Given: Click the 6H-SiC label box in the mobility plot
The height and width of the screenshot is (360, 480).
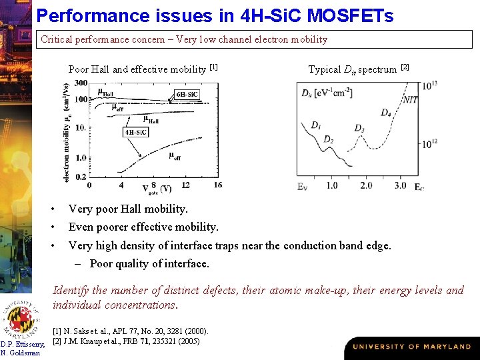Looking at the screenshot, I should point(187,94).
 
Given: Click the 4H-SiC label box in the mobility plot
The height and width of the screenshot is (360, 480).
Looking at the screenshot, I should point(136,132).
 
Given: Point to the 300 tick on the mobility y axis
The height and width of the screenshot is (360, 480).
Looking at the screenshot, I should point(81,83).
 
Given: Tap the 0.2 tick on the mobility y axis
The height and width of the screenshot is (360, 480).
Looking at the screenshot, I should point(81,177).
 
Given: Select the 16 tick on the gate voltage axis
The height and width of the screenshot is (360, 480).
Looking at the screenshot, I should point(217,185).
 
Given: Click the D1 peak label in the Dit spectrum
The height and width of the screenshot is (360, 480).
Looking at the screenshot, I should point(316,125).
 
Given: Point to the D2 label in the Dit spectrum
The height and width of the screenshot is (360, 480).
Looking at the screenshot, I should point(329,139).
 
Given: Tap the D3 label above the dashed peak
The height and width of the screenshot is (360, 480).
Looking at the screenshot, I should point(359,128).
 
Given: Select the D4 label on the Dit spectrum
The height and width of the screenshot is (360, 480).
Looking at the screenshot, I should point(386,113).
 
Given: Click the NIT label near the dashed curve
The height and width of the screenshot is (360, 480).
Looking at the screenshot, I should point(411,99).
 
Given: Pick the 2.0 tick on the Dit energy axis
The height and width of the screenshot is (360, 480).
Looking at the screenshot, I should point(366,185).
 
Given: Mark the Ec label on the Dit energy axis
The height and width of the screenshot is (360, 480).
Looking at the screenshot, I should point(419,187).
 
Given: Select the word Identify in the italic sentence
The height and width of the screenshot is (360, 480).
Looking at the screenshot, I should point(71,290).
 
